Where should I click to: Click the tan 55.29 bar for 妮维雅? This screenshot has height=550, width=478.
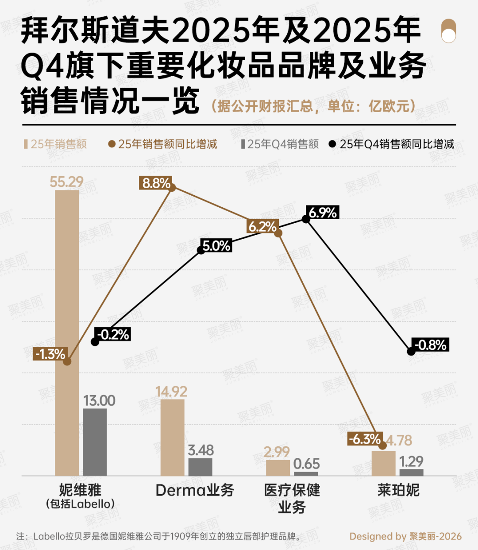click(67, 332)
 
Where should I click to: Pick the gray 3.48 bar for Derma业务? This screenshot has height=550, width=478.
click(200, 467)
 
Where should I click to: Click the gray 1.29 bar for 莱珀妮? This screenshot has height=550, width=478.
click(411, 472)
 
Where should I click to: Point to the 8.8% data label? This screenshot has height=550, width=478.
click(156, 183)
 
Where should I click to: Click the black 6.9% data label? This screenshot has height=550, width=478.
click(323, 213)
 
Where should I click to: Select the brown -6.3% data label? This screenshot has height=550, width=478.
click(365, 439)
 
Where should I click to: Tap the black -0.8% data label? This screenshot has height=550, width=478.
click(430, 345)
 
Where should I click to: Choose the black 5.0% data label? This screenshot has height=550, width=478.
click(216, 246)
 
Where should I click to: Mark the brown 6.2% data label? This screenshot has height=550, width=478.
click(262, 227)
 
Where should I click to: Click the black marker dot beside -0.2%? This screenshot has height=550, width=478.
click(95, 342)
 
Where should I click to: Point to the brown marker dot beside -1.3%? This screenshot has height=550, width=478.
click(67, 361)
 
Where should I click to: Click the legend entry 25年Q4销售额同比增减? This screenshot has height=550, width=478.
click(392, 144)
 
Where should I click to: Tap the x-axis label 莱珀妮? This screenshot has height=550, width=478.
click(398, 490)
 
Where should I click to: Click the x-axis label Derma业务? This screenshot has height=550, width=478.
click(194, 490)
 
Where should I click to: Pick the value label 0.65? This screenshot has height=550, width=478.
click(306, 464)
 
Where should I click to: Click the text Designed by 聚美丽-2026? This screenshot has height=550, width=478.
click(405, 536)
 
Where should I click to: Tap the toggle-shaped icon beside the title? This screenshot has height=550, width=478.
click(448, 31)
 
